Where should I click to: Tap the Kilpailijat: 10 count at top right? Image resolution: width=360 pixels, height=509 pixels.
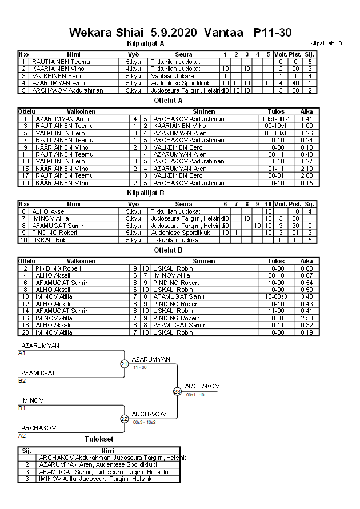pyautogui.click(x=326, y=43)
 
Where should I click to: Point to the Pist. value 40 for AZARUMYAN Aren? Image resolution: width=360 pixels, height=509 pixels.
pyautogui.click(x=295, y=83)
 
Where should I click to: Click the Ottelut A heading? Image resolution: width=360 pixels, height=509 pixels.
pyautogui.click(x=169, y=100)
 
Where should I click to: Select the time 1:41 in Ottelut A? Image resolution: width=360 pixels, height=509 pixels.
pyautogui.click(x=306, y=119)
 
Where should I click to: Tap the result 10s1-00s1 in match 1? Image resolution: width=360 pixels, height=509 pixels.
pyautogui.click(x=276, y=119)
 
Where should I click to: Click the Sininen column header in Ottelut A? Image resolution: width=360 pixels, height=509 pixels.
pyautogui.click(x=204, y=111)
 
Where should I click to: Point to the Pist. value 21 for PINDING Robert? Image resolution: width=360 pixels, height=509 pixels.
pyautogui.click(x=295, y=233)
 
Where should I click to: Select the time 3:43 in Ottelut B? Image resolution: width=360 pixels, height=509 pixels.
pyautogui.click(x=306, y=297)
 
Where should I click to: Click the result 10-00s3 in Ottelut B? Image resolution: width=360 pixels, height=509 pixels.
pyautogui.click(x=276, y=297)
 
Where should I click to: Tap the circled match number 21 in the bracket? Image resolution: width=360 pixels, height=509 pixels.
pyautogui.click(x=124, y=364)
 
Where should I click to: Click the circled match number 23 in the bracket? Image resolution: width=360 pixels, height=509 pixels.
pyautogui.click(x=177, y=391)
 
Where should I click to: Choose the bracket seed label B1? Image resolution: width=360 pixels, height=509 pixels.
pyautogui.click(x=22, y=408)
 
